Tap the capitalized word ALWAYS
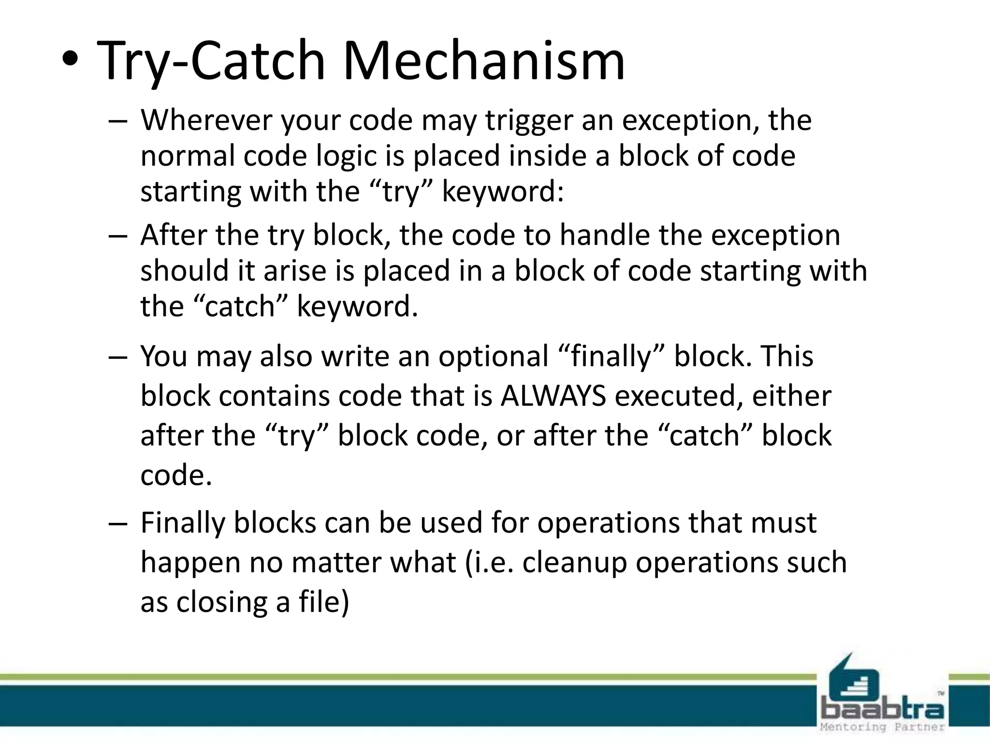[x=553, y=397]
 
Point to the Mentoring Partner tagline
[x=882, y=727]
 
